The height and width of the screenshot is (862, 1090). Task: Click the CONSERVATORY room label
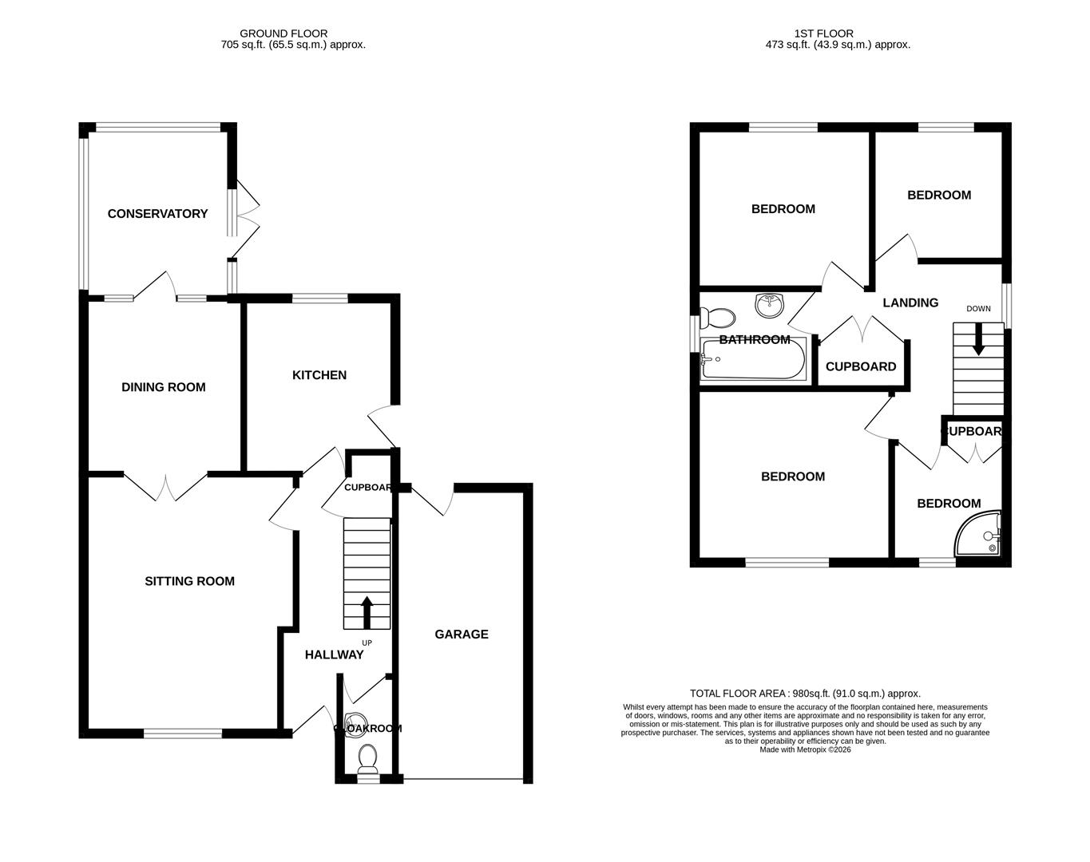(157, 214)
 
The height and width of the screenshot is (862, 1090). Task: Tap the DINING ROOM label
(163, 387)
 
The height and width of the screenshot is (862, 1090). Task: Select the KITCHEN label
(319, 375)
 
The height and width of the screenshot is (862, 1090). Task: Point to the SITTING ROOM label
(189, 581)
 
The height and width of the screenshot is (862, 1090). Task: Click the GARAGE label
(461, 635)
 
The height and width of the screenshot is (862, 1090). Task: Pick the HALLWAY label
(334, 654)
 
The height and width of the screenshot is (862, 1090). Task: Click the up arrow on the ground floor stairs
(367, 612)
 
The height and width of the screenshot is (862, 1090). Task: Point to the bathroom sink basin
(770, 303)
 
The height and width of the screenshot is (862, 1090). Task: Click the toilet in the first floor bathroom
(719, 318)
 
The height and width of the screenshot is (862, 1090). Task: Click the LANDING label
(910, 302)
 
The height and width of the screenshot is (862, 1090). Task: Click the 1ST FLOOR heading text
(823, 34)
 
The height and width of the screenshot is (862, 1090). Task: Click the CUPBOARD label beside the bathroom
(860, 367)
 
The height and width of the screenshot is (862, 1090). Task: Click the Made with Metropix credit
(805, 749)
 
